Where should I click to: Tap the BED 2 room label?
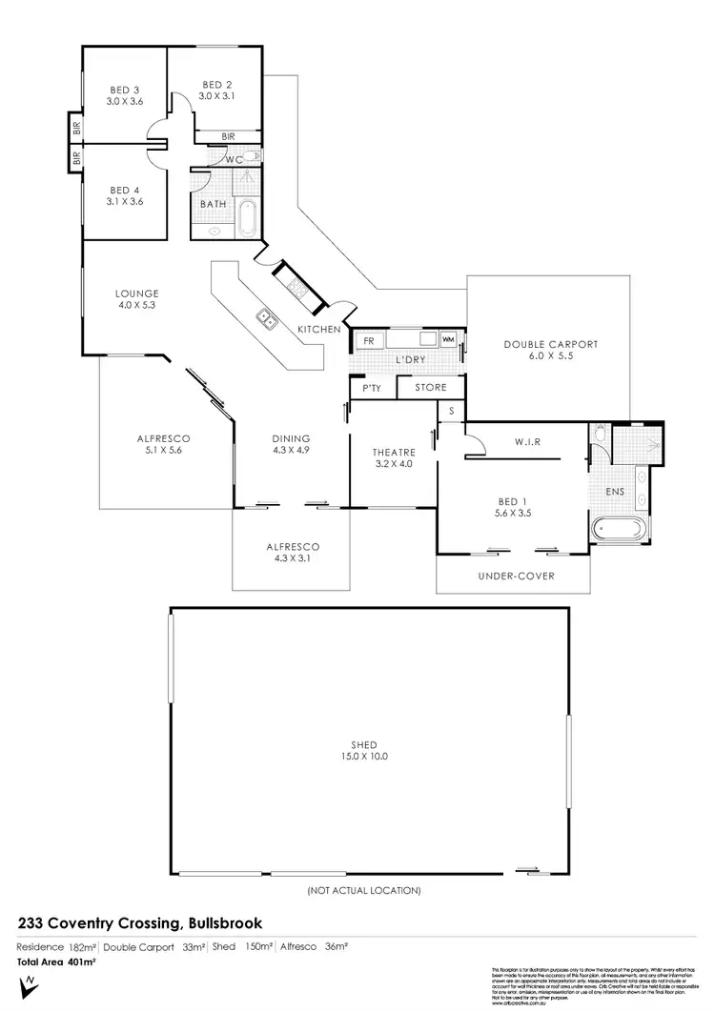(216, 84)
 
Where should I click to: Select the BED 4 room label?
(125, 189)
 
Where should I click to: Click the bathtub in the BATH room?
(247, 218)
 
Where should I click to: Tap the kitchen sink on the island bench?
(266, 320)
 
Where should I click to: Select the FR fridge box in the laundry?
(367, 339)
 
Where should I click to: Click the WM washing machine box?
(447, 339)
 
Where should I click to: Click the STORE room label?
(430, 388)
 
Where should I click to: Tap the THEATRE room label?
(392, 454)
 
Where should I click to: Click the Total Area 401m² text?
(57, 962)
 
